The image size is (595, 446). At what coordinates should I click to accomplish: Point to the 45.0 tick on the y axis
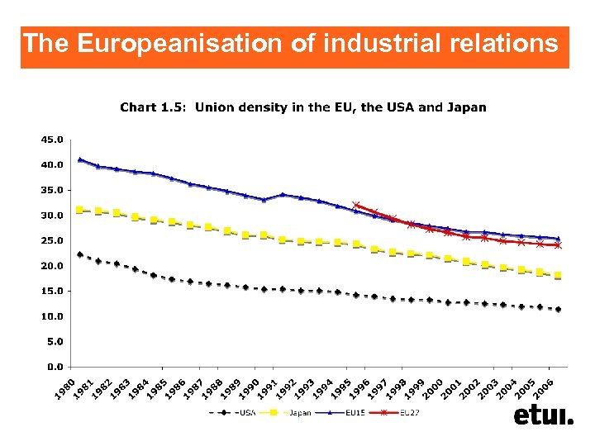pos(51,140)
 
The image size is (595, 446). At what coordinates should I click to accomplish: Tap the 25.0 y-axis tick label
pos(51,240)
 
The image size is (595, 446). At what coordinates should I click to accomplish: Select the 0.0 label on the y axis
pos(55,366)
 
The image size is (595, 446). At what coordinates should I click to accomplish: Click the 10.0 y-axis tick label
pos(51,316)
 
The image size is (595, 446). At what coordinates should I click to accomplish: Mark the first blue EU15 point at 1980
pos(80,159)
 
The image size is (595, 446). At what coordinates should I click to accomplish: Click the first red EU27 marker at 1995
pos(356,206)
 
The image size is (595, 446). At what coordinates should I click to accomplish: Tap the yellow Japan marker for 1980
pos(80,210)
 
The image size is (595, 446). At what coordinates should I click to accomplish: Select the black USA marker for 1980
pos(80,254)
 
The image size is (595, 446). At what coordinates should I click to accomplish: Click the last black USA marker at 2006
pos(559,310)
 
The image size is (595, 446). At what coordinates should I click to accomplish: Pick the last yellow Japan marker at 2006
pos(559,275)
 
